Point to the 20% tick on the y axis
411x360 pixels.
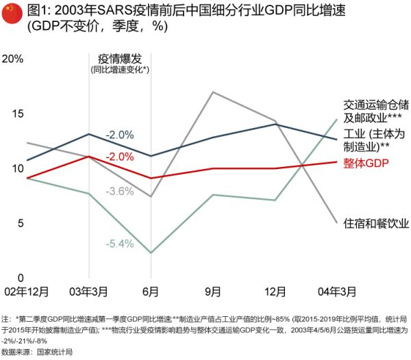click(14, 58)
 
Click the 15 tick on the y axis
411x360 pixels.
click(15, 113)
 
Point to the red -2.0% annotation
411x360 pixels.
click(120, 156)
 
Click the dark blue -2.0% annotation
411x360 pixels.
click(120, 135)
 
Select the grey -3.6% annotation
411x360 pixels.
click(120, 191)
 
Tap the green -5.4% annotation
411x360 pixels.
click(120, 243)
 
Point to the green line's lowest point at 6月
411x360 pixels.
click(151, 253)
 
